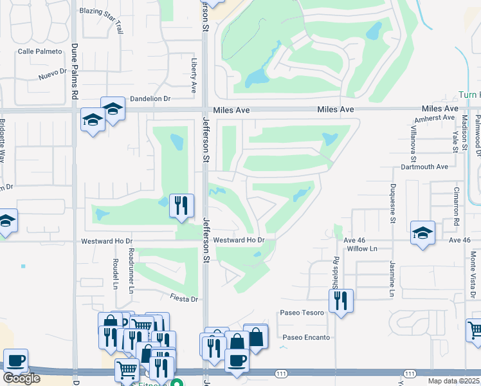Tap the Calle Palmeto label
(40, 51)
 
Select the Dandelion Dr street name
(150, 99)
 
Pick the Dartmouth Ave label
(424, 167)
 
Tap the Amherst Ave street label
(435, 118)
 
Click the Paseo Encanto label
(306, 337)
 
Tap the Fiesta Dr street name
(183, 299)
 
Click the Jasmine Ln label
(392, 278)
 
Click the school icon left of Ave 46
(422, 233)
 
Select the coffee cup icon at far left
(15, 361)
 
